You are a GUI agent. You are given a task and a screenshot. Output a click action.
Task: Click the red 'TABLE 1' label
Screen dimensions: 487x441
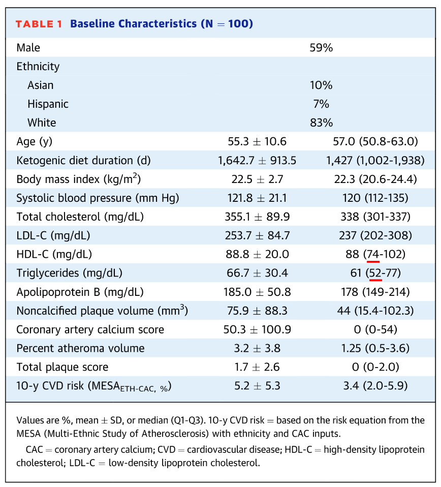(x=39, y=24)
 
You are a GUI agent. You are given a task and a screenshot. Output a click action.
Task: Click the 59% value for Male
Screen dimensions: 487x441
(x=321, y=48)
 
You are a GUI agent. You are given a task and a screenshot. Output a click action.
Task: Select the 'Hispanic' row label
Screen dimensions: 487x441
(x=48, y=104)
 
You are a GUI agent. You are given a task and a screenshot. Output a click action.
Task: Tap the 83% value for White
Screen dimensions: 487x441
(x=321, y=123)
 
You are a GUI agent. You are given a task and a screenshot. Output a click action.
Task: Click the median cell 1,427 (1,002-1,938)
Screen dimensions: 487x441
(x=375, y=161)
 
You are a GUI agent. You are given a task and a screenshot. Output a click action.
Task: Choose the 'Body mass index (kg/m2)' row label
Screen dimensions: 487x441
(x=78, y=179)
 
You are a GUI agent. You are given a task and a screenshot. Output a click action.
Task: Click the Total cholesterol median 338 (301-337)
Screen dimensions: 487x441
(x=375, y=217)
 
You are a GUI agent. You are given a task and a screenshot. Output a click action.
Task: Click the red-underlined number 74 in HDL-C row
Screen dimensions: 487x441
(x=373, y=254)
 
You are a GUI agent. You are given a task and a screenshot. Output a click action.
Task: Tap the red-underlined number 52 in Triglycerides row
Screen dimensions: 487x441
(x=375, y=273)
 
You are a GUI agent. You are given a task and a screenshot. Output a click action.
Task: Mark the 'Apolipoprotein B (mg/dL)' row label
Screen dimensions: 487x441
(x=80, y=292)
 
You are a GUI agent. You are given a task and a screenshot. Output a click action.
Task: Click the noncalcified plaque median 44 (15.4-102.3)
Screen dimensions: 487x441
(x=375, y=311)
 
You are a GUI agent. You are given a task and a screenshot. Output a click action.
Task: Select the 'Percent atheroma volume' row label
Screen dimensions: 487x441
(x=80, y=348)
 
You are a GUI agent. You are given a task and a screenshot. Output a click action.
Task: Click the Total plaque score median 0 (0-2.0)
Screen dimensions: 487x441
(x=375, y=367)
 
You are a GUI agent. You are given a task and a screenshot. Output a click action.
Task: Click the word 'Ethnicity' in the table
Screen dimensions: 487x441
(x=38, y=67)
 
